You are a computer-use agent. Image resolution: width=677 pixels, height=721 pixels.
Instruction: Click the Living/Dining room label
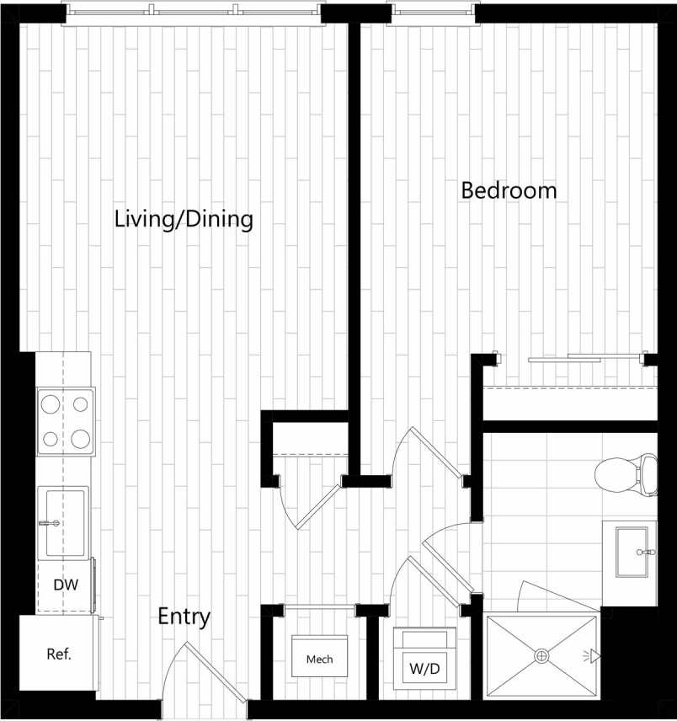click(184, 220)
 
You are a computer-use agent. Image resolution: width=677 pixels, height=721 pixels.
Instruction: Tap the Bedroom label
click(509, 190)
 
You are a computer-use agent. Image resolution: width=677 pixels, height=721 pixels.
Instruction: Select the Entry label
click(184, 617)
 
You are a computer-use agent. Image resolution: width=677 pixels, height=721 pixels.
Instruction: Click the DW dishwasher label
click(65, 585)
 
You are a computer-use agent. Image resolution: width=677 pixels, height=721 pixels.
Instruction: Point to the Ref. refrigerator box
click(58, 653)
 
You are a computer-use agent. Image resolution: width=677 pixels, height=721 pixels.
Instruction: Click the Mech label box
click(319, 658)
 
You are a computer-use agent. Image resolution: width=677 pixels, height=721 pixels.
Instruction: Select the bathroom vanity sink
click(632, 552)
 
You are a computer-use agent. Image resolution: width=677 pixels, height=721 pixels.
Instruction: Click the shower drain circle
click(542, 654)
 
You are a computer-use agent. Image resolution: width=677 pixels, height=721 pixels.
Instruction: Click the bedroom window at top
click(431, 13)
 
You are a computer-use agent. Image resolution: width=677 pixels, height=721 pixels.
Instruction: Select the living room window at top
click(194, 13)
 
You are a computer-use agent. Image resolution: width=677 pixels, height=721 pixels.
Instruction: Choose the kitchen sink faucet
click(49, 523)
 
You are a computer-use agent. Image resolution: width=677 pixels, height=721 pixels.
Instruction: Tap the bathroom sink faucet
click(647, 552)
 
